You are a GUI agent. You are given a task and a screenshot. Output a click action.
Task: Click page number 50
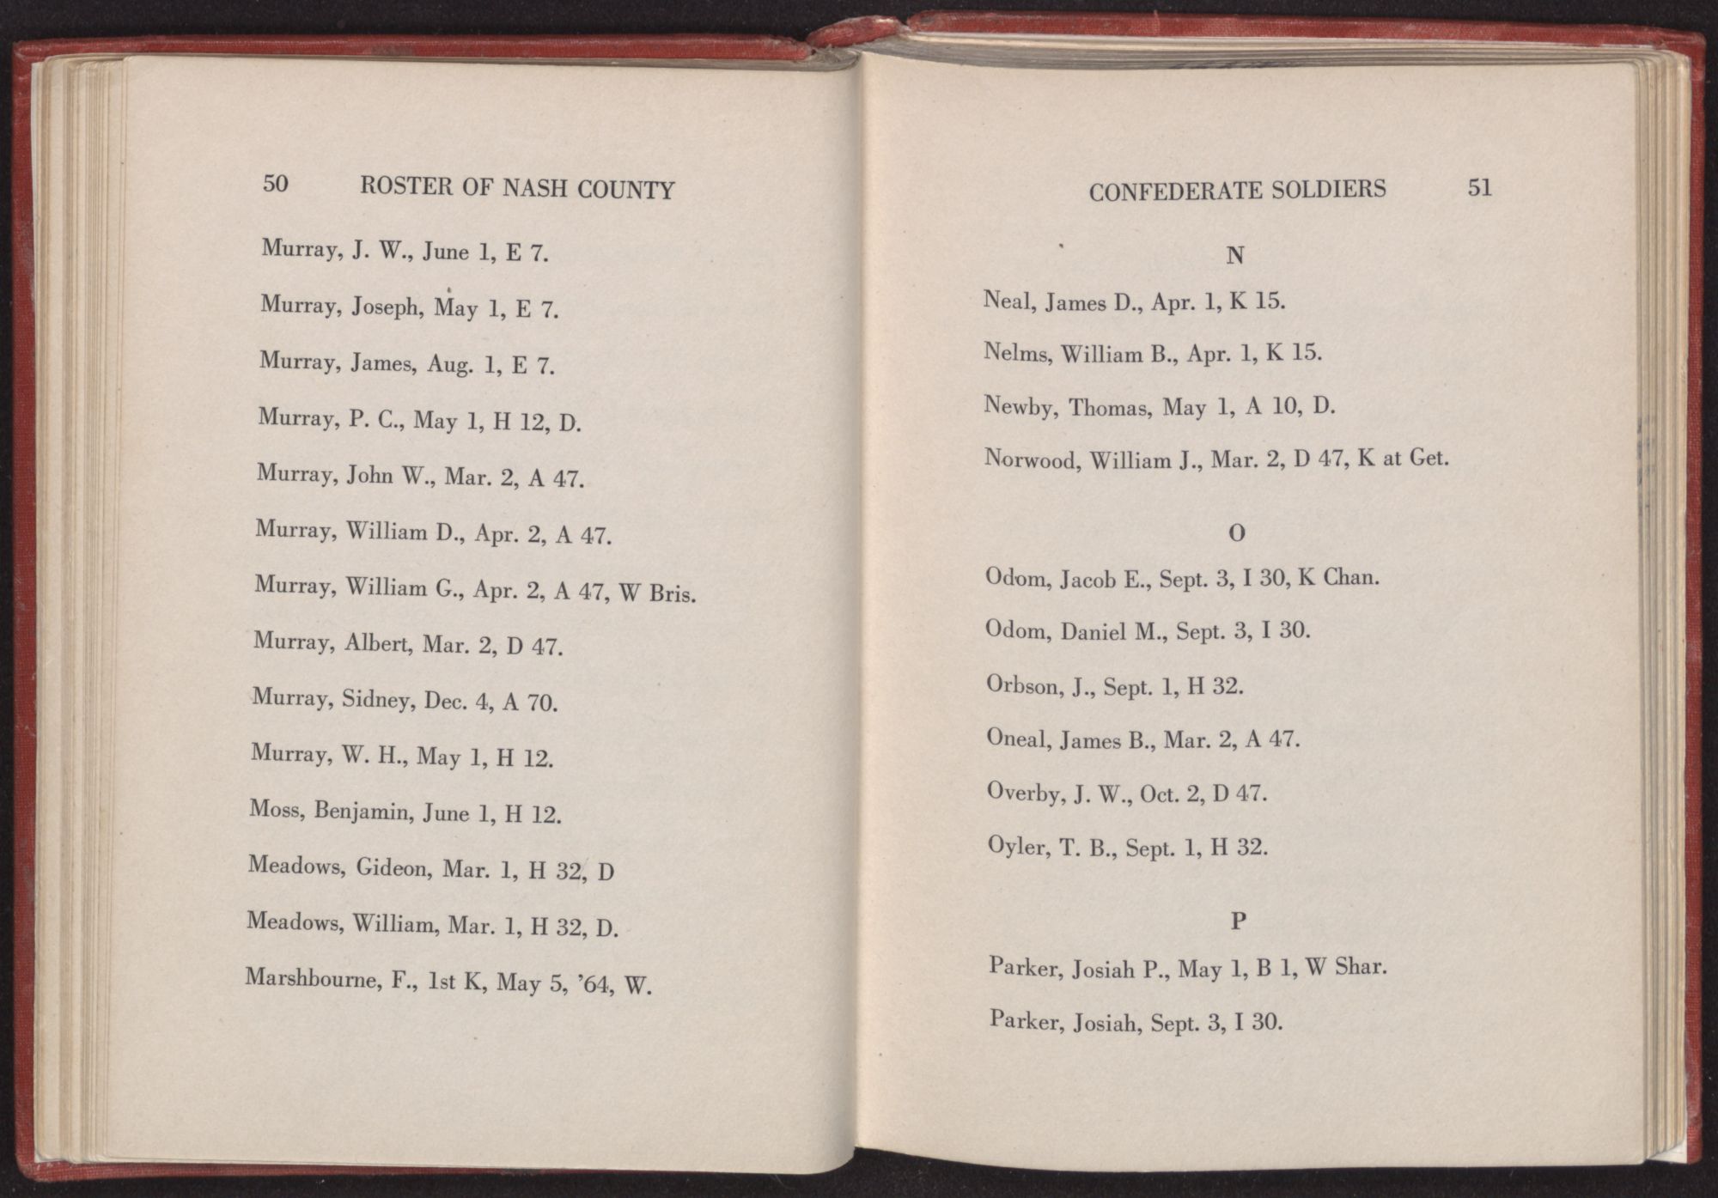(x=275, y=184)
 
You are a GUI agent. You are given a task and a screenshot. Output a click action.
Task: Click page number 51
(x=1479, y=188)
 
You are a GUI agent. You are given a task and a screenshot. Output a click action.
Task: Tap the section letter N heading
(x=1235, y=256)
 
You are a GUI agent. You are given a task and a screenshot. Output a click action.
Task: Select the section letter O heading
(x=1237, y=533)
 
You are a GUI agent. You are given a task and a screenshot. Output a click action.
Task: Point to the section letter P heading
(x=1238, y=922)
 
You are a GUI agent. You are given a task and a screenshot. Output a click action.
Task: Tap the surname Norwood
(x=1029, y=458)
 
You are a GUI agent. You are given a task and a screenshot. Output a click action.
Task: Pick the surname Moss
(x=273, y=809)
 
